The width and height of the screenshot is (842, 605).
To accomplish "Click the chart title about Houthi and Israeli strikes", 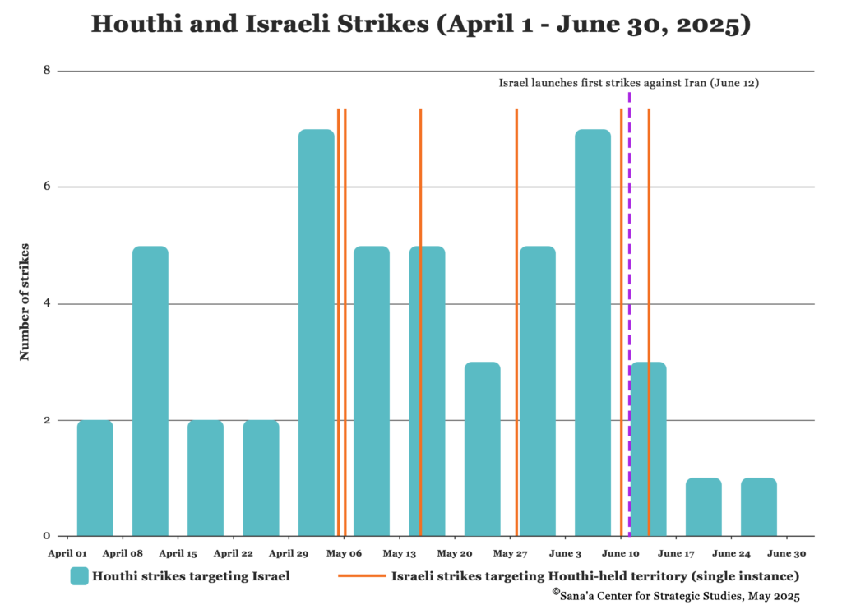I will [x=420, y=25].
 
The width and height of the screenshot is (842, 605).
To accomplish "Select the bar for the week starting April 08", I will [x=150, y=391].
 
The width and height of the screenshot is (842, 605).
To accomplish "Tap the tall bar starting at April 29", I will [x=317, y=333].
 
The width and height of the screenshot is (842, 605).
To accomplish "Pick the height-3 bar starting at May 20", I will [x=482, y=449].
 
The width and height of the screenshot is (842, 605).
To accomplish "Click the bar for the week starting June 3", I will [x=593, y=333].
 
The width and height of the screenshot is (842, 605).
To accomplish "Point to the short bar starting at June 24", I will [x=759, y=507].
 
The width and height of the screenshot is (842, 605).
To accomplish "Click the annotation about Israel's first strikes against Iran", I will [x=628, y=83].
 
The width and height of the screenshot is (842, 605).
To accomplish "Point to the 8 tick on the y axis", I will [x=47, y=71].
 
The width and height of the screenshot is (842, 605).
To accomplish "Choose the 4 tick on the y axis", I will [x=47, y=303].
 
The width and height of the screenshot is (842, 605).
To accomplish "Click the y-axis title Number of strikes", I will [x=25, y=302].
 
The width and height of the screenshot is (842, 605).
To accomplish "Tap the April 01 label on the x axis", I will [x=67, y=554].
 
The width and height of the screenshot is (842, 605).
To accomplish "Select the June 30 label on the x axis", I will [x=786, y=554].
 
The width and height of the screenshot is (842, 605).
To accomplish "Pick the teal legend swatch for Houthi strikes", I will [x=79, y=576].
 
